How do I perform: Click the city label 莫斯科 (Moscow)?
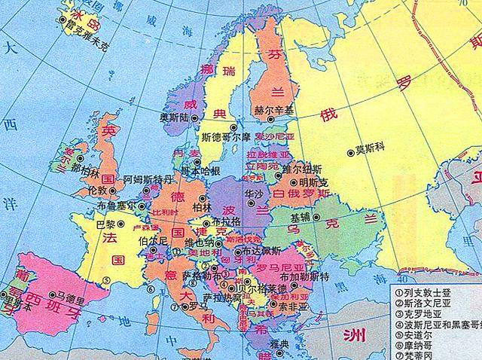coord(371,147)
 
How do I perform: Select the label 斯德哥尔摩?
coord(224,138)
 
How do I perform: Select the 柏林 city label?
coord(201,207)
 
